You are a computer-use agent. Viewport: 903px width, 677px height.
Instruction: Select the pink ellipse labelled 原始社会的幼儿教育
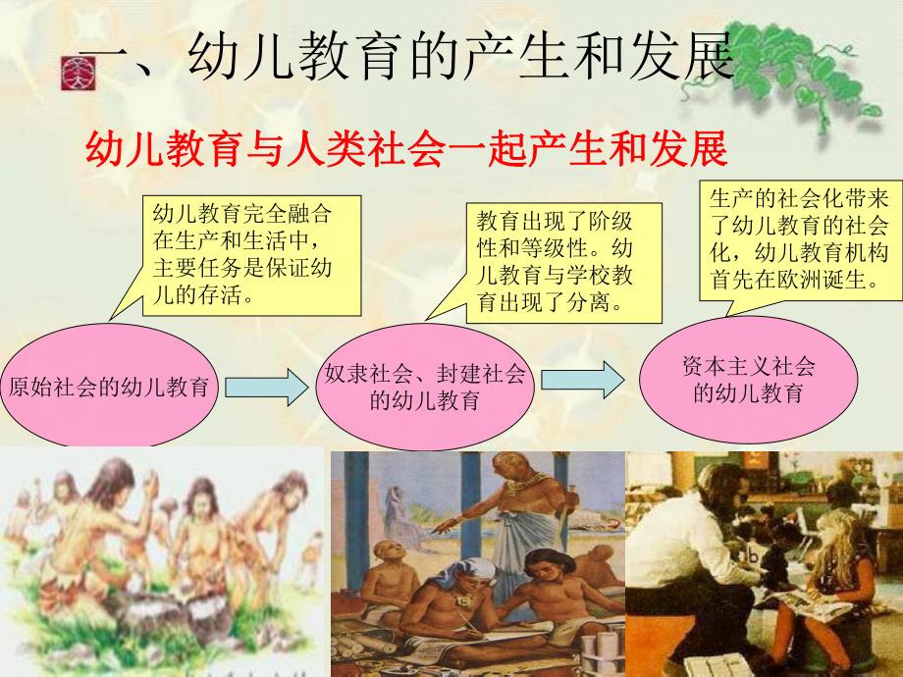(x=109, y=386)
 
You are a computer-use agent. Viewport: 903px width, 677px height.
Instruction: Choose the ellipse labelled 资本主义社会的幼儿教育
(x=748, y=380)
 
